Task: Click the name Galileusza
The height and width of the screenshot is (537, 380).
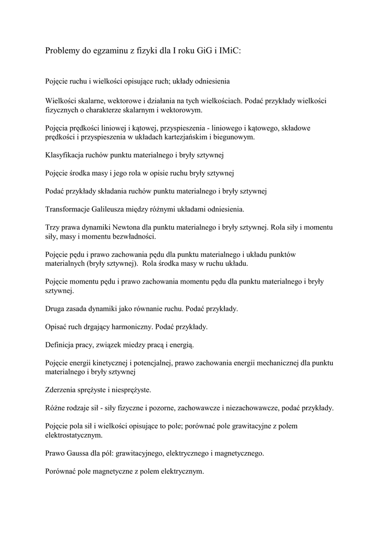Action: pyautogui.click(x=110, y=209)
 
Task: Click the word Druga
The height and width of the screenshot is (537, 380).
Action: pyautogui.click(x=56, y=309)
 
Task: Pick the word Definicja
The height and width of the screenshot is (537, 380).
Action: pyautogui.click(x=61, y=345)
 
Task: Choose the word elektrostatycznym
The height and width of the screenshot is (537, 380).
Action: pyautogui.click(x=74, y=435)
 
